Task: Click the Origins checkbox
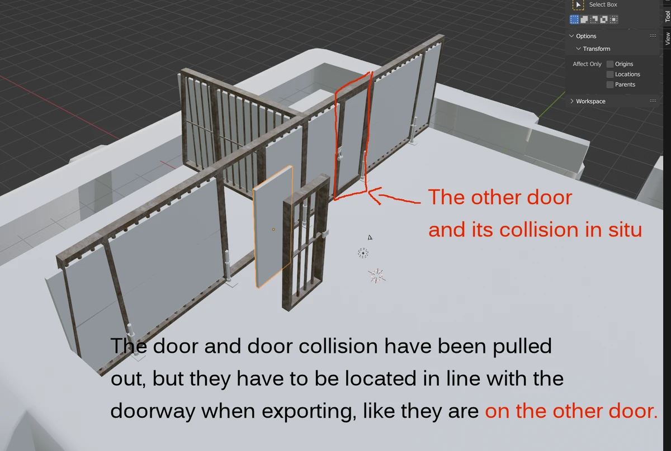pyautogui.click(x=610, y=64)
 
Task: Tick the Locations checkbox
pyautogui.click(x=610, y=74)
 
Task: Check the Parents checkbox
pyautogui.click(x=610, y=84)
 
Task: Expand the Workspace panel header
pyautogui.click(x=590, y=101)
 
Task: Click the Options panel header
pyautogui.click(x=586, y=36)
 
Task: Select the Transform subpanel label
pyautogui.click(x=596, y=49)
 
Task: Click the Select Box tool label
pyautogui.click(x=603, y=4)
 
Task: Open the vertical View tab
pyautogui.click(x=667, y=39)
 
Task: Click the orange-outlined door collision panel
pyautogui.click(x=272, y=226)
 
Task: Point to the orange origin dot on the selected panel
pyautogui.click(x=273, y=229)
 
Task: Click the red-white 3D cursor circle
pyautogui.click(x=363, y=253)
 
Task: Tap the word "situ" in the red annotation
pyautogui.click(x=618, y=230)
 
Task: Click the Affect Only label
pyautogui.click(x=587, y=64)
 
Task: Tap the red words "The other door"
pyautogui.click(x=500, y=198)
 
